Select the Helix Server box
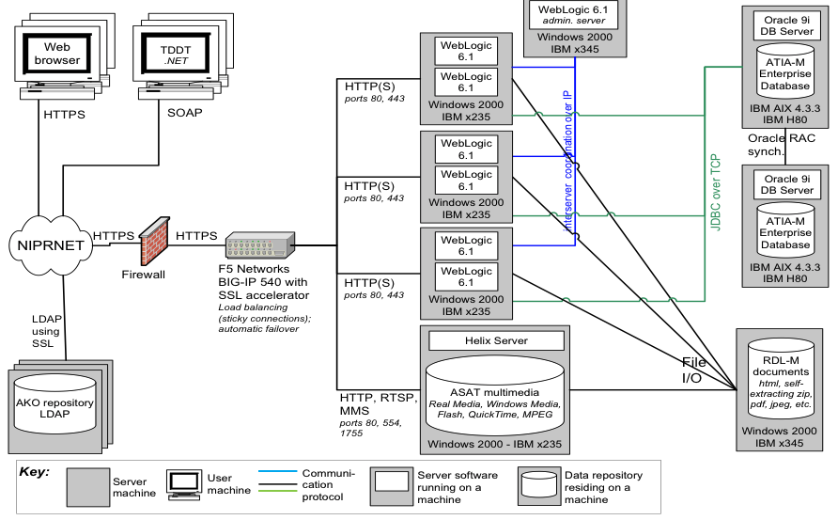click(496, 340)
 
